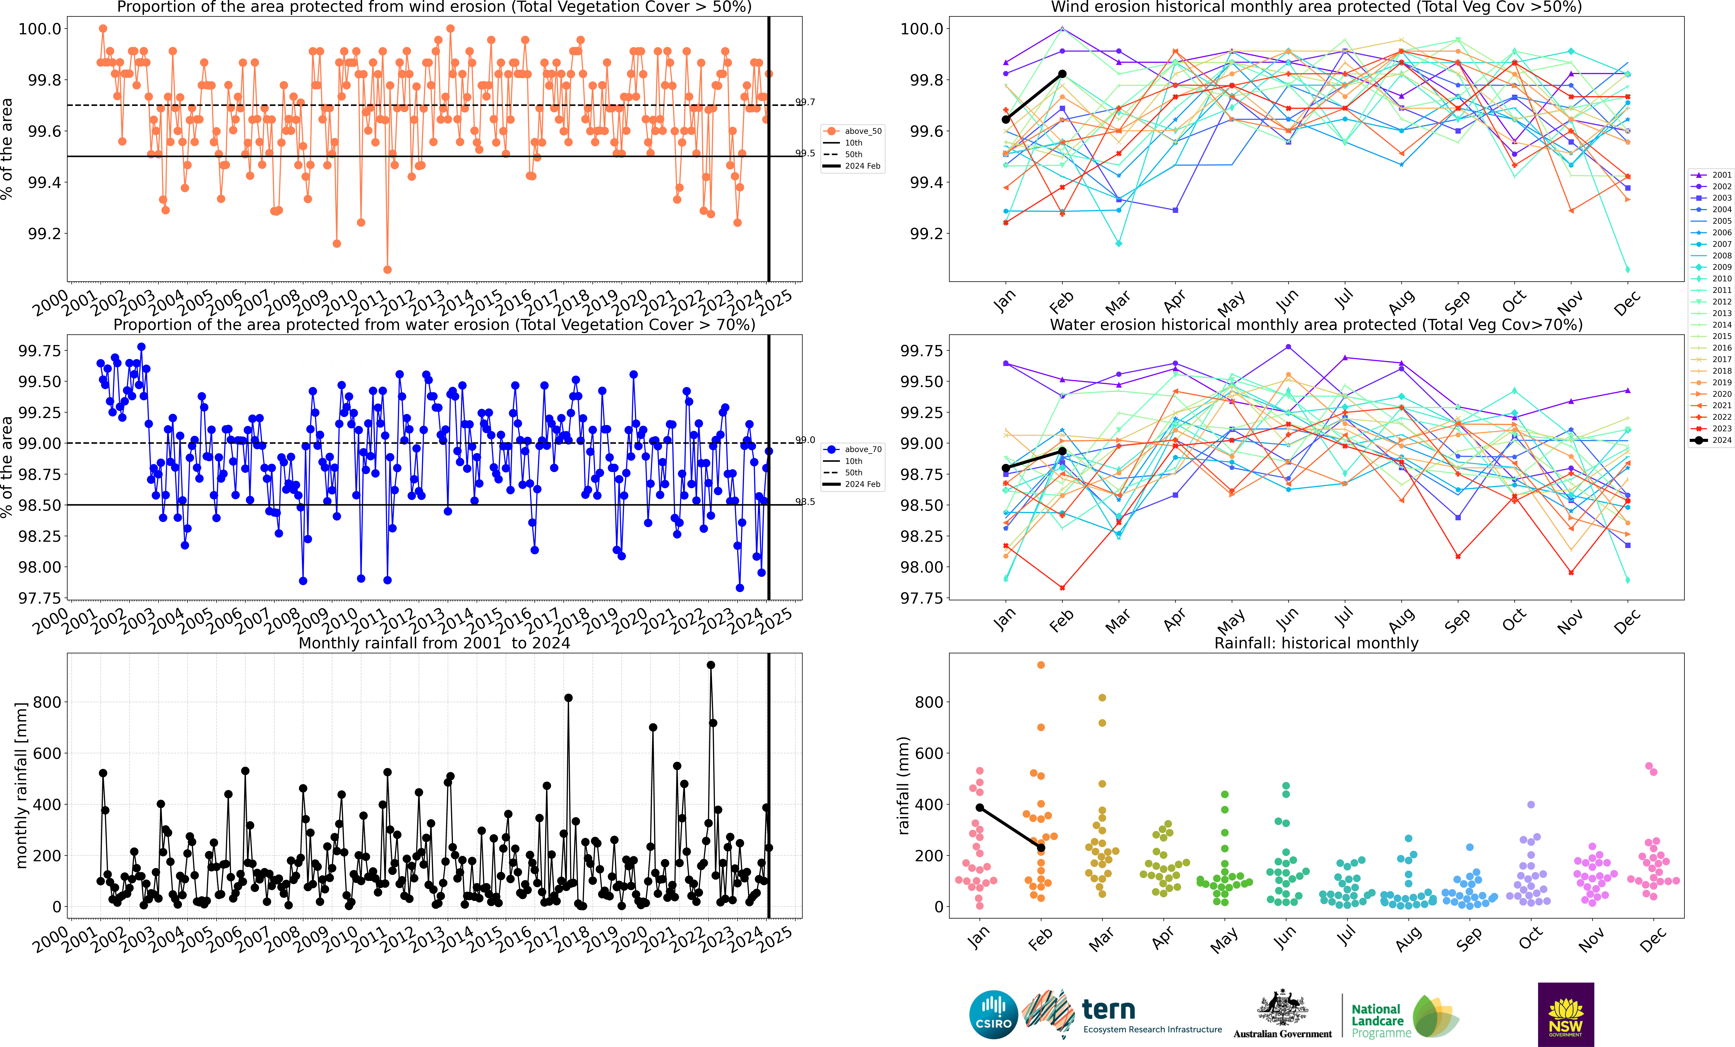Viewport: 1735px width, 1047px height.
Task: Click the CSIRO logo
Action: click(x=993, y=1015)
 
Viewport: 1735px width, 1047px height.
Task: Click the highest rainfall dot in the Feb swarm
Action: click(x=1041, y=665)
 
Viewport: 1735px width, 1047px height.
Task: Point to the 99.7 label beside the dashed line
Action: click(x=805, y=102)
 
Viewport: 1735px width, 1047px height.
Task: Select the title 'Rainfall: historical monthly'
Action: click(x=1316, y=643)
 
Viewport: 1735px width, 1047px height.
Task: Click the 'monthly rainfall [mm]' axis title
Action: click(x=21, y=785)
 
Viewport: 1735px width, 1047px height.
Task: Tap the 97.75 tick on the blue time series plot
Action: click(x=39, y=598)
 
